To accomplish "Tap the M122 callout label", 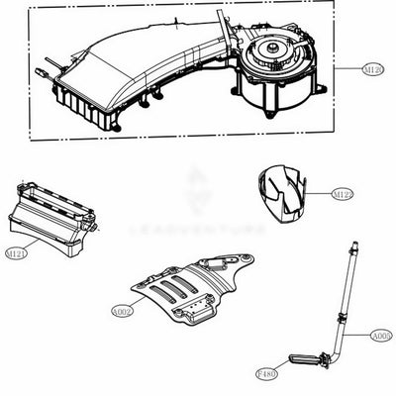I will [x=344, y=194].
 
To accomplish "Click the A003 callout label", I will [x=381, y=336].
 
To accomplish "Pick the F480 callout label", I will [x=265, y=376].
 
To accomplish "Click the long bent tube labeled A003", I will [x=346, y=297].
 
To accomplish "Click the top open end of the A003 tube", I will [x=352, y=242].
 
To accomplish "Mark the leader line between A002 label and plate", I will [x=136, y=306].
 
